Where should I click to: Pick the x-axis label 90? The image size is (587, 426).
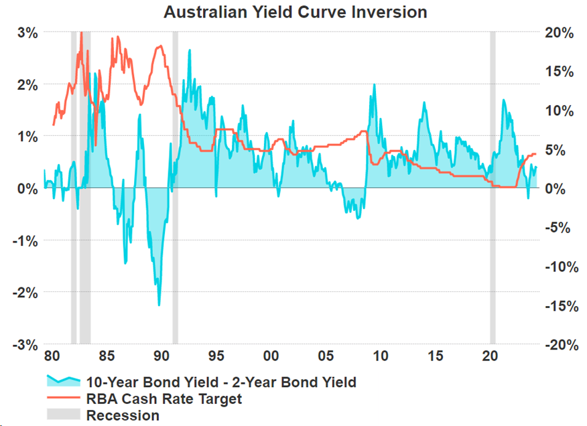(x=161, y=356)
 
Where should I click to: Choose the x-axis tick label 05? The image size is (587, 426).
(x=326, y=356)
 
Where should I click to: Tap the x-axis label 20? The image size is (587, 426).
(x=490, y=356)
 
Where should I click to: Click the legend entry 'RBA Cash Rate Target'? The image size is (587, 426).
(x=164, y=399)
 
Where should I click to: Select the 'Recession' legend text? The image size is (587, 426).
(x=123, y=415)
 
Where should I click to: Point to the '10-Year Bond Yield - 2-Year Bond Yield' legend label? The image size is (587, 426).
(x=221, y=382)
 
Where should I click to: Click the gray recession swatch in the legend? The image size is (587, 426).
(x=63, y=415)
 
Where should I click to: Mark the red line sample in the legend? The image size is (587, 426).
(x=63, y=399)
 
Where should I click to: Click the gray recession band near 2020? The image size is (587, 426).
(x=493, y=188)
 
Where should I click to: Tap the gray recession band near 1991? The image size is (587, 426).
(x=175, y=188)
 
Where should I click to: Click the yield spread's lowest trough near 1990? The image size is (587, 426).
(x=159, y=305)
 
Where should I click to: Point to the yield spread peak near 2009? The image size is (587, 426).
(x=374, y=85)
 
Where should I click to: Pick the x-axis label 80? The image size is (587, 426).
(x=52, y=356)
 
